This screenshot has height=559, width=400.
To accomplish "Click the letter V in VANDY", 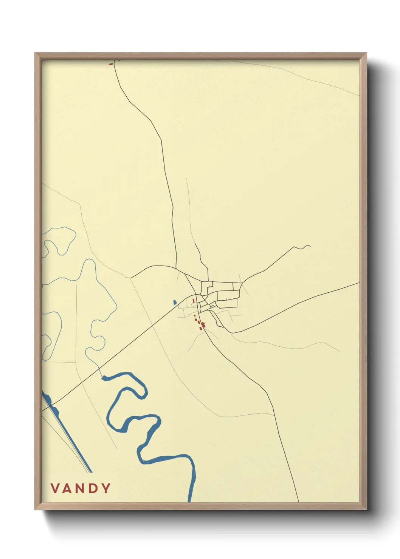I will click(56, 488).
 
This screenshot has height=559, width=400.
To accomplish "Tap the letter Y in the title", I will click(105, 488).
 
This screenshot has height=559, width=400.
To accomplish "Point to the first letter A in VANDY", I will click(68, 488).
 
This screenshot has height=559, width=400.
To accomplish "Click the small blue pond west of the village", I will click(174, 302).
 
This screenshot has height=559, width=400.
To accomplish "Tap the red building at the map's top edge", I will click(111, 64).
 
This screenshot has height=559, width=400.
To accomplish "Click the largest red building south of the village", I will click(203, 324).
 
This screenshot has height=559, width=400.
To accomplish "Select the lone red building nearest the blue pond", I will click(193, 301).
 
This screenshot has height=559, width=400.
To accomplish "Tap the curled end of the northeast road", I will click(309, 246).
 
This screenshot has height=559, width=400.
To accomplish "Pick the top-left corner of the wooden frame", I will click(35, 53).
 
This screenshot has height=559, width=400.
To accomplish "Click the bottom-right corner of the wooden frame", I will click(366, 510).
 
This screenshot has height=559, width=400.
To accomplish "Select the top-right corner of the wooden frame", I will click(366, 53).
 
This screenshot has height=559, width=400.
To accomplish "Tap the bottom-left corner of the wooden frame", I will click(35, 510).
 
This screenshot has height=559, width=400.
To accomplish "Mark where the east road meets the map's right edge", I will click(358, 283).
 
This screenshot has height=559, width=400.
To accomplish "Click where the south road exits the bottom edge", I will click(298, 502).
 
